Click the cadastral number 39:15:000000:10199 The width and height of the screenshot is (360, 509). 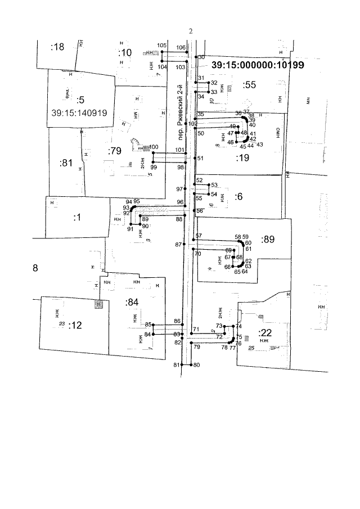258,65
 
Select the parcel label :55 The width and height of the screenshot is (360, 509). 249,85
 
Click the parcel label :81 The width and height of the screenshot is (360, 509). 66,163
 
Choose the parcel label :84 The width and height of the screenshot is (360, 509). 132,303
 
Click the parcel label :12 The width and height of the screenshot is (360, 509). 75,325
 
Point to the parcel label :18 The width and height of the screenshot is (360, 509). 57,47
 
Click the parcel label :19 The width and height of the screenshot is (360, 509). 242,158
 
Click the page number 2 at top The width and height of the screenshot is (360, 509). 191,31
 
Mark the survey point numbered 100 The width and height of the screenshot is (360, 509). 154,147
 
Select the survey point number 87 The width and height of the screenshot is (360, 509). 178,245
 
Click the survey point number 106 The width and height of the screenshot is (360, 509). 181,47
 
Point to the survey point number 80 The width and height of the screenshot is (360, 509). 196,365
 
